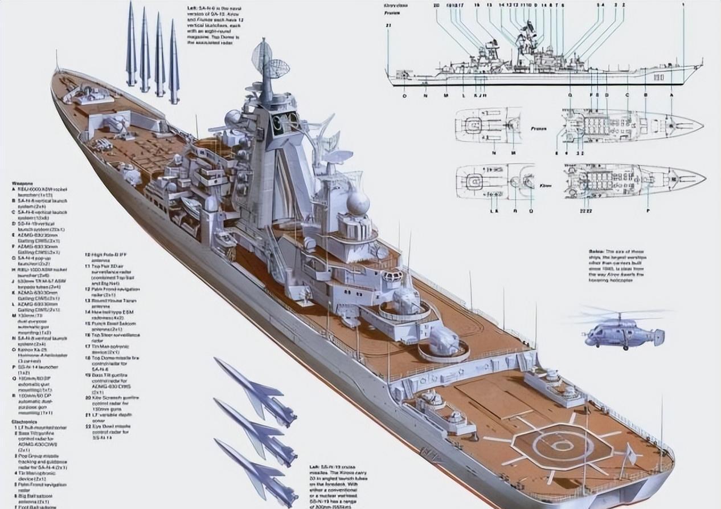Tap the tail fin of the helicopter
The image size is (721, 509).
coord(658,337)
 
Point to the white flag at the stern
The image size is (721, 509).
coord(630,454)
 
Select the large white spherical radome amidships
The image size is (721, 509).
coord(358,203)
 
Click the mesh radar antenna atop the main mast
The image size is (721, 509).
coord(262,54)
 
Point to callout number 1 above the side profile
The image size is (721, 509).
coord(683,5)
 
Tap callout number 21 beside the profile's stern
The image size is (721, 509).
coord(388,26)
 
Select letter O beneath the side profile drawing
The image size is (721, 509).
coord(404,96)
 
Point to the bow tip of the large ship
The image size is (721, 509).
coord(55,73)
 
